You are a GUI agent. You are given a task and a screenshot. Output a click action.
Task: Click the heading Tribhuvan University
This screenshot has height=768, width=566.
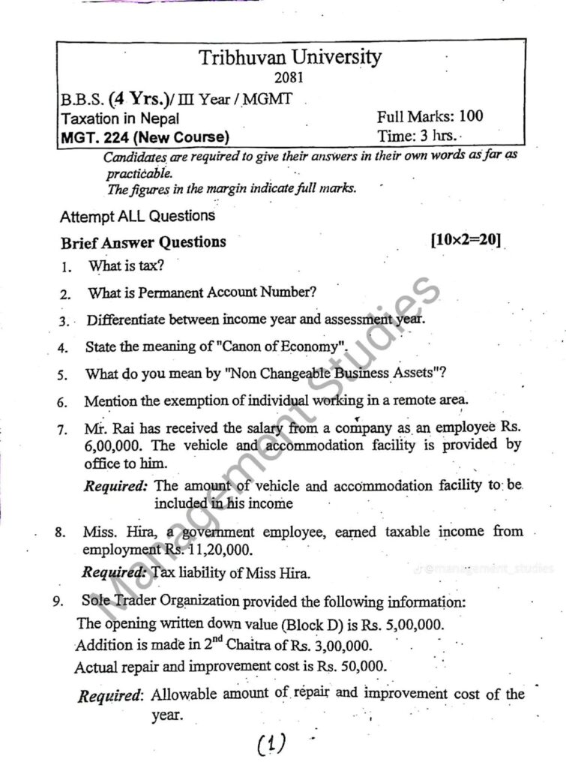click(289, 58)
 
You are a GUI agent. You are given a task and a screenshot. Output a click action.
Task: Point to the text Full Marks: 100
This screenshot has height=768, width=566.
click(430, 116)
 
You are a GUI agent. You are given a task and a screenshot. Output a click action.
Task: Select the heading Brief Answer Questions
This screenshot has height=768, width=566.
click(143, 242)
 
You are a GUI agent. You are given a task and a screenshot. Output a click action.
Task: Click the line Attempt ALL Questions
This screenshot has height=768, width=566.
click(137, 216)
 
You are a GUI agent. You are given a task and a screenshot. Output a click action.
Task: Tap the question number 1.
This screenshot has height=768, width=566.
click(65, 266)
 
